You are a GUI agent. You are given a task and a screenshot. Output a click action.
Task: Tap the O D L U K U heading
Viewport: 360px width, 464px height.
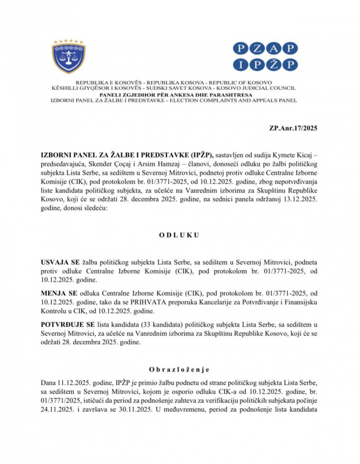tap(180, 235)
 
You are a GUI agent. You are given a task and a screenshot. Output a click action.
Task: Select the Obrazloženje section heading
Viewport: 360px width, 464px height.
tap(180, 369)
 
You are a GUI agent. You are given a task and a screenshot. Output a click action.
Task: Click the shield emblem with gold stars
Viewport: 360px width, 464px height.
tap(69, 57)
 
